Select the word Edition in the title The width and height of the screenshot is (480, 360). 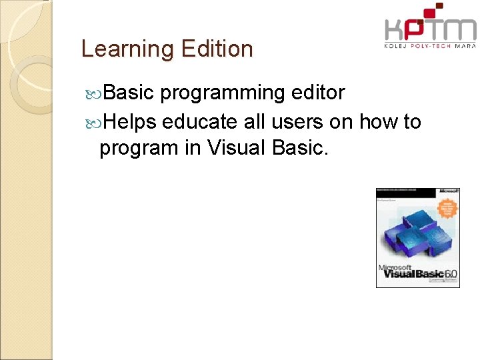tap(216, 49)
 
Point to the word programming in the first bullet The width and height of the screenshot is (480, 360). tap(223, 93)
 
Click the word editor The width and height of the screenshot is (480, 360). tap(319, 93)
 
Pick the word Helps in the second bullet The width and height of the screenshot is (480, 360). tap(130, 122)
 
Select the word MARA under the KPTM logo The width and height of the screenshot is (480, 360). tap(465, 46)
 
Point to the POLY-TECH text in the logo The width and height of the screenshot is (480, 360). tap(430, 46)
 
